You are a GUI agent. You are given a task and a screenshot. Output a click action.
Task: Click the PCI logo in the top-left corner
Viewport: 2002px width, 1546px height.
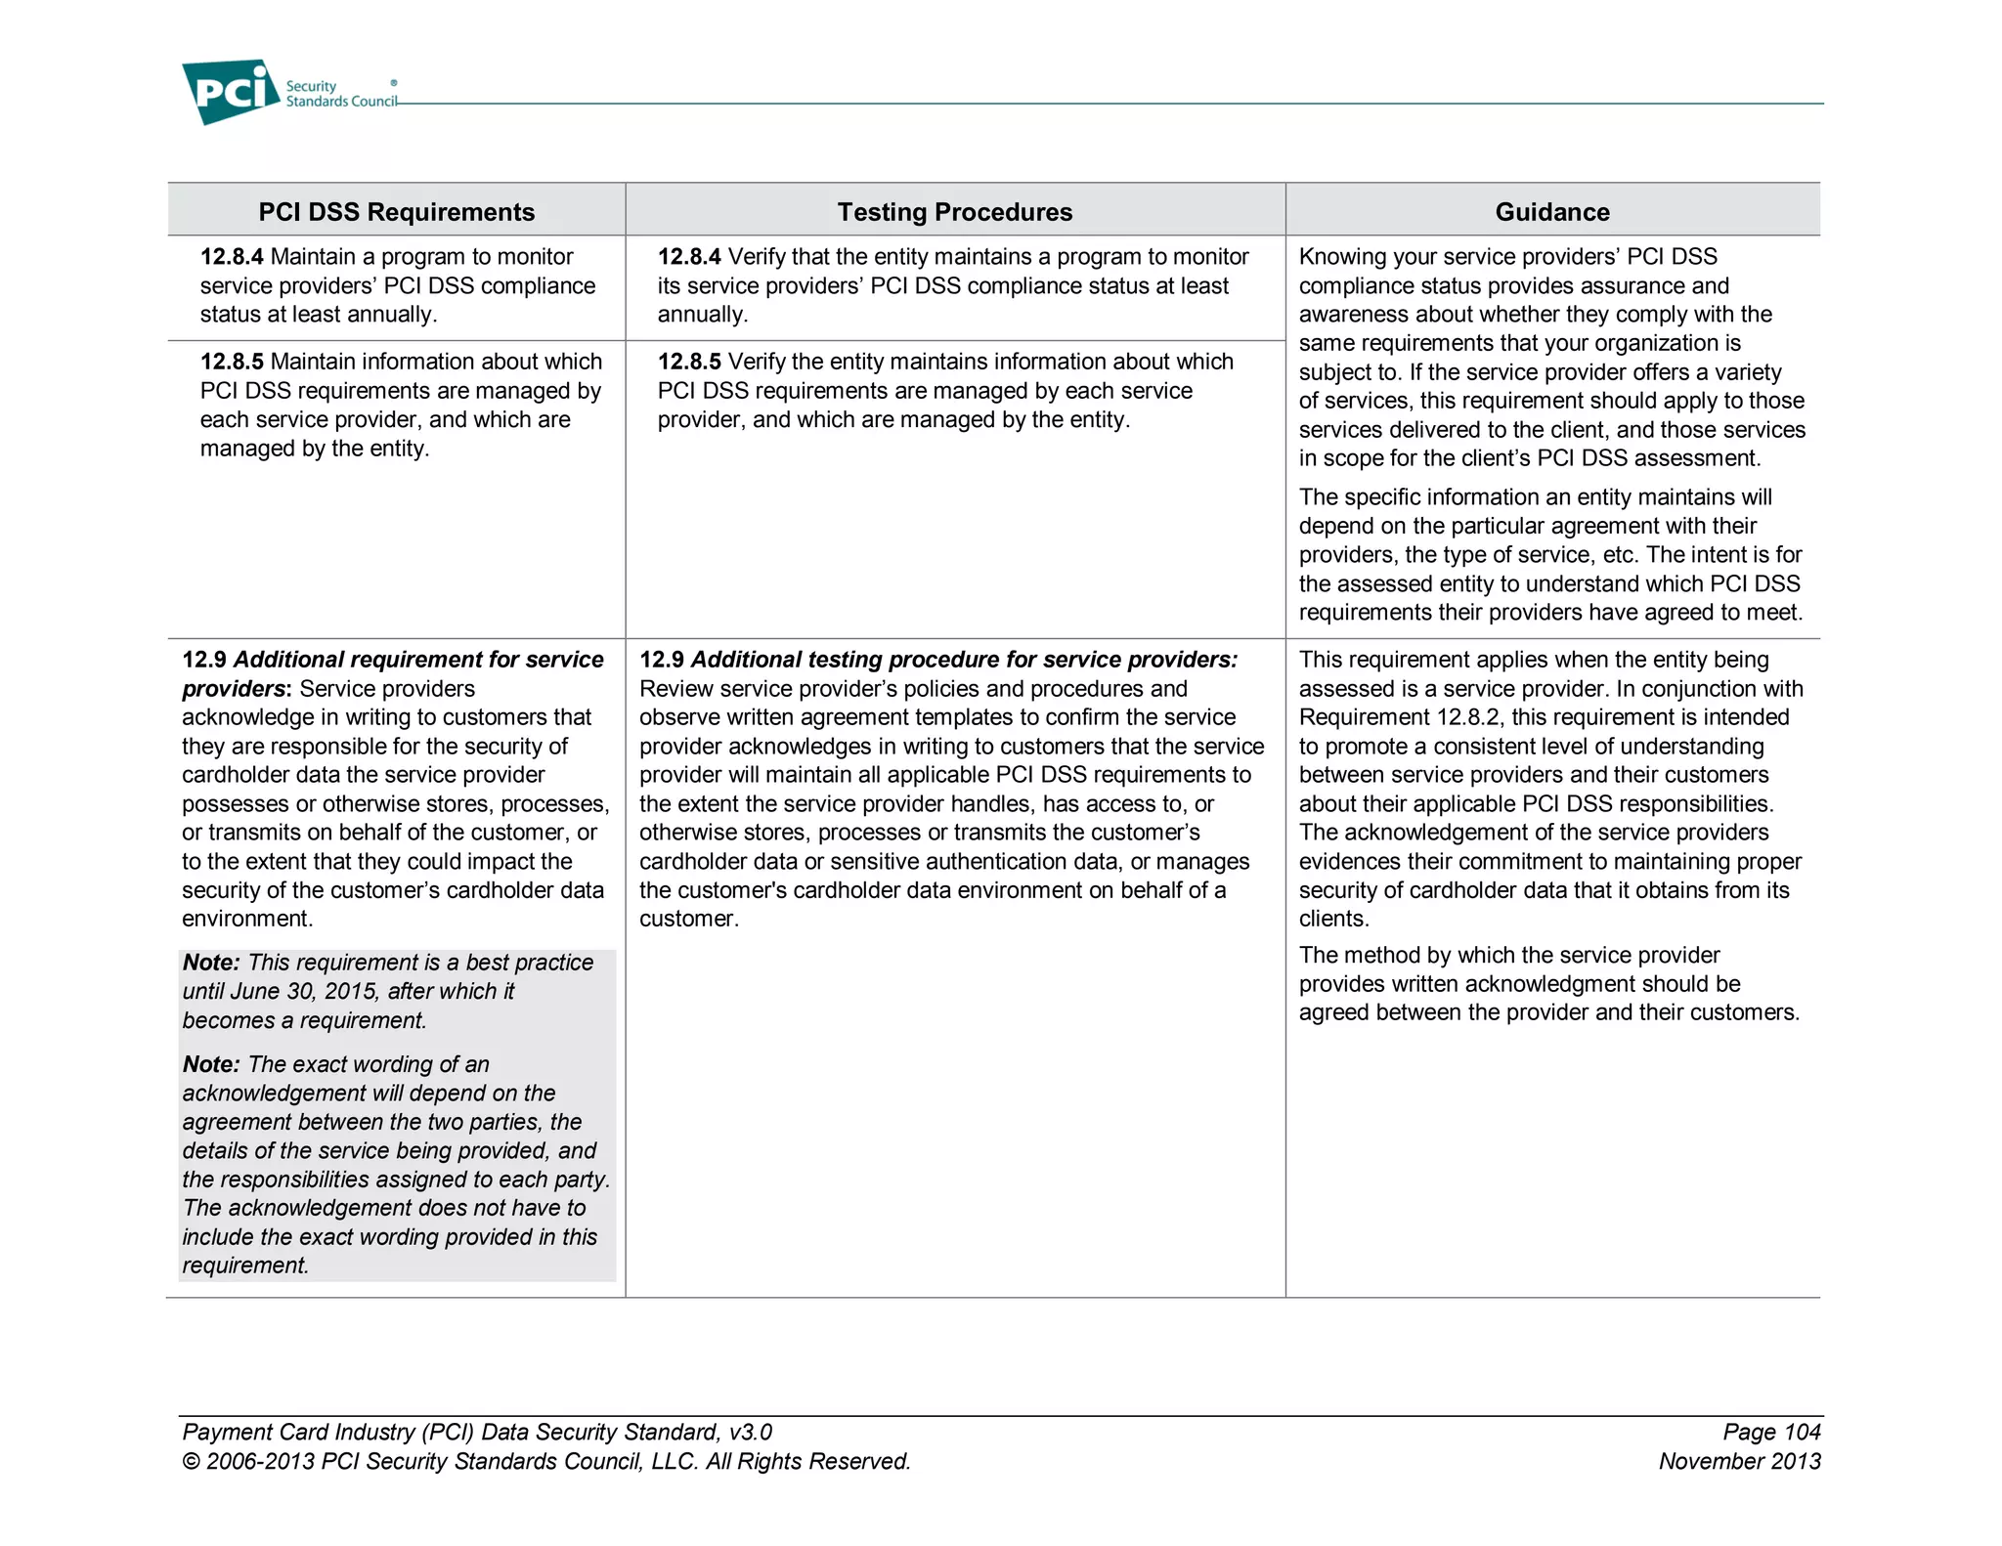tap(231, 91)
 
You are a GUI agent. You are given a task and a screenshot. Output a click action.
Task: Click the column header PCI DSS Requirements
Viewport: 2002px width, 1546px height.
tap(396, 212)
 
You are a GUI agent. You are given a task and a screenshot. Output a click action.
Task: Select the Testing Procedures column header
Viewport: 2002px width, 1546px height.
tap(954, 212)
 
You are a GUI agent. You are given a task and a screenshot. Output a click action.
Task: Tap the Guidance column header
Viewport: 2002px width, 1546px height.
tap(1551, 212)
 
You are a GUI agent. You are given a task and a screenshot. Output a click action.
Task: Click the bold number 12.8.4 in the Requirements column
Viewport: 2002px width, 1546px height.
tap(232, 257)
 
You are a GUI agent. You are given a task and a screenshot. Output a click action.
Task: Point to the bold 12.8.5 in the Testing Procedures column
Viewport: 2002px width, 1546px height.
tap(689, 362)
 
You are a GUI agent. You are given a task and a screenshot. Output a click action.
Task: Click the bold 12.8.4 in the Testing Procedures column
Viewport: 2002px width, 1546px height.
tap(689, 257)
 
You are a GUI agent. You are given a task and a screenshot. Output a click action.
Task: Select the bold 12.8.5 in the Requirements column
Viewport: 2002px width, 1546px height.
tap(232, 362)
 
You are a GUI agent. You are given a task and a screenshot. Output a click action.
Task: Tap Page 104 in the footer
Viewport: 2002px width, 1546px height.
tap(1771, 1432)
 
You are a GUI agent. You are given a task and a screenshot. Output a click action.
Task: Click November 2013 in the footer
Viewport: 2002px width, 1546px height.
tap(1739, 1461)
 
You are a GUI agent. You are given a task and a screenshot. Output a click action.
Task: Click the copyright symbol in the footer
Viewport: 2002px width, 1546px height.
tap(191, 1462)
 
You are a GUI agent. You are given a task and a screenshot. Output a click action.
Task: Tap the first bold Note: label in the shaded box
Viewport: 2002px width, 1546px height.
tap(211, 963)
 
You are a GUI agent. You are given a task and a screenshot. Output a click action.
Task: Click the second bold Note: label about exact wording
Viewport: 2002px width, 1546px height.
tap(211, 1064)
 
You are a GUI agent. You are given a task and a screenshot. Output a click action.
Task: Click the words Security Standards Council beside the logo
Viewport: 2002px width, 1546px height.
tap(340, 94)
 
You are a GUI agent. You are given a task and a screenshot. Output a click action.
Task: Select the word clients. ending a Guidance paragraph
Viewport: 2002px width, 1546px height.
tap(1333, 919)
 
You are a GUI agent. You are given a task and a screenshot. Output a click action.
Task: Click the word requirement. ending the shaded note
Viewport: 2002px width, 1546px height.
tap(245, 1266)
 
